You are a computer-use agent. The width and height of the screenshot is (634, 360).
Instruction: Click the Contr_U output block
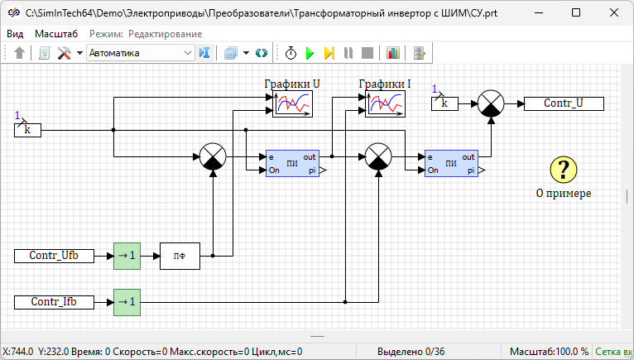coord(563,103)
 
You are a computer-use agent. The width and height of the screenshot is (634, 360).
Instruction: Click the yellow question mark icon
coord(563,170)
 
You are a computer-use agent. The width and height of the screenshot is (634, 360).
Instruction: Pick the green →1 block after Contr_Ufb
coord(127,256)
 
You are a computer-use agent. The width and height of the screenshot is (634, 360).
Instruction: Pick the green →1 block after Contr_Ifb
coord(127,302)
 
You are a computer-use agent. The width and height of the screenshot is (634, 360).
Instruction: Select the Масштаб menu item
coord(56,34)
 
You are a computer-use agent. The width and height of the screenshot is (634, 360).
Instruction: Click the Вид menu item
coord(16,34)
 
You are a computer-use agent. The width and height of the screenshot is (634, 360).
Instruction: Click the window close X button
coord(613,12)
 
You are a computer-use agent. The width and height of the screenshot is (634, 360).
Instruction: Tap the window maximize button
coord(575,12)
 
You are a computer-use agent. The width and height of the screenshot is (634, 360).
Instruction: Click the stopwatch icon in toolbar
coord(291,53)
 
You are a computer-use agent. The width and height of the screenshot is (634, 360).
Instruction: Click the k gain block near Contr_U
coord(444,103)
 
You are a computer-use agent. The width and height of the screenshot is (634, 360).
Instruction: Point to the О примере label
coord(564,194)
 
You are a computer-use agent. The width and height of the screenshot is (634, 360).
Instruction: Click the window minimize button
coord(537,12)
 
